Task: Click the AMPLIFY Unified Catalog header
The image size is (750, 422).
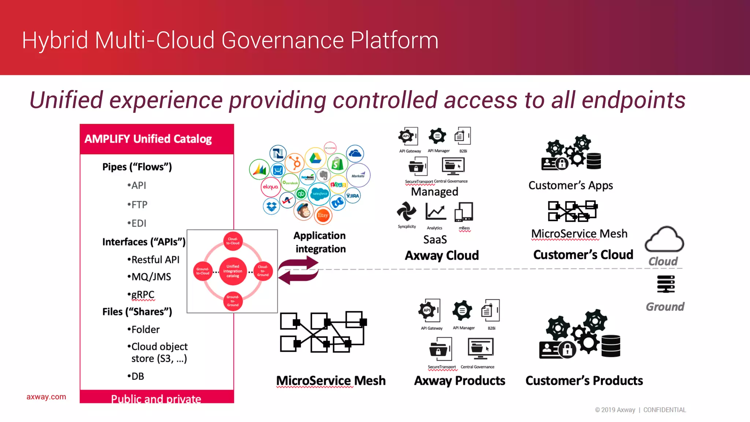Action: pos(148,139)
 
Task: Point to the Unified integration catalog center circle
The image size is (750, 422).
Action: pos(233,271)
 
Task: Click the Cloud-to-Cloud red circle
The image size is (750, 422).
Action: pos(233,241)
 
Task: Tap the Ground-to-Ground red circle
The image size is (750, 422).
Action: pos(233,301)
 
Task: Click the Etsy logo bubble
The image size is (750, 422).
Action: pos(323,215)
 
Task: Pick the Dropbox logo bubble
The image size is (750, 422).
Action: pos(271,207)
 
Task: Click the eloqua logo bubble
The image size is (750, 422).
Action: pos(270,187)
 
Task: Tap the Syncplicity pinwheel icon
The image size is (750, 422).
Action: pos(406,212)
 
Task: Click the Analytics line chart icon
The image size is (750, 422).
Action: pos(435,212)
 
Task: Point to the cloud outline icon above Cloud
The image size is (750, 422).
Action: pos(664,240)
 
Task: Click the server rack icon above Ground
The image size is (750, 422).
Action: pos(666,284)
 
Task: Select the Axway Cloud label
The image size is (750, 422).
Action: pos(442,255)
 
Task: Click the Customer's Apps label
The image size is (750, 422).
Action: pos(571,186)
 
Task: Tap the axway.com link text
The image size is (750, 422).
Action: pos(46,397)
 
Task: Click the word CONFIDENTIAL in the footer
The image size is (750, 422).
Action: pos(664,410)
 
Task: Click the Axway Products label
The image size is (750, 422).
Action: pos(460,381)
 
